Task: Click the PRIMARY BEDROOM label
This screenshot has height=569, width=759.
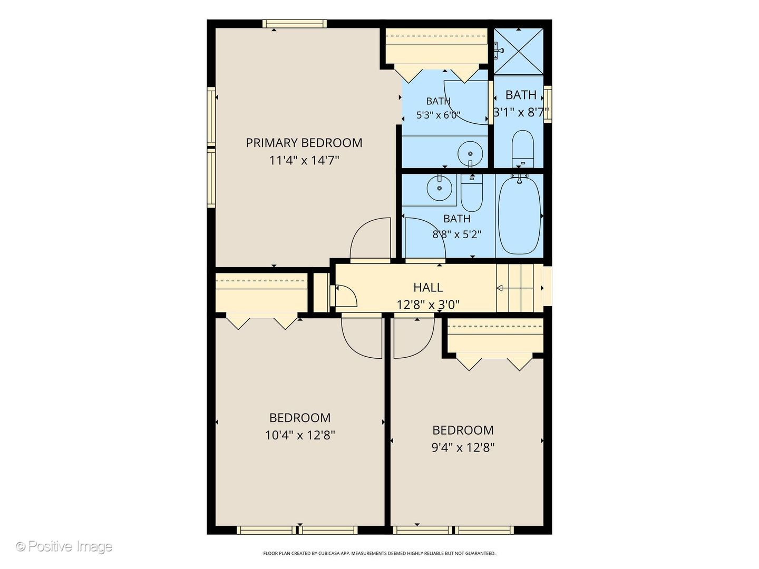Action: (304, 143)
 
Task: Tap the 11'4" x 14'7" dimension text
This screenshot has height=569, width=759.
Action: (304, 161)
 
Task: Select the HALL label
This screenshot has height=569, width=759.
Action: (428, 288)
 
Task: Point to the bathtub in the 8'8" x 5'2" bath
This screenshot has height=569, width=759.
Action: (519, 215)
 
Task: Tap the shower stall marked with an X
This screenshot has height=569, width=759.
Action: (518, 51)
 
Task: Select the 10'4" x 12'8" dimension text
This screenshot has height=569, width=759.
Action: (300, 435)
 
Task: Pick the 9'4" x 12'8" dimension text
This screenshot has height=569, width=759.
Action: (463, 448)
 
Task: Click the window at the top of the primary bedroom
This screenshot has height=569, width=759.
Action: (295, 24)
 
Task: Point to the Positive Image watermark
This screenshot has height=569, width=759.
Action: (64, 546)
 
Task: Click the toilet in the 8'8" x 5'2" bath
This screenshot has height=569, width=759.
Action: (472, 193)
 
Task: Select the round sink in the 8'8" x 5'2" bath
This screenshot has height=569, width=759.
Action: (439, 188)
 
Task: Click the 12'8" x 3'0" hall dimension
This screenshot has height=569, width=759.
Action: (428, 305)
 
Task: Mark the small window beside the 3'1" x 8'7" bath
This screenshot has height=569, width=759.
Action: (548, 104)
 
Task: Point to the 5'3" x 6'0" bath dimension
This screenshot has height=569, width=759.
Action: (438, 115)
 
